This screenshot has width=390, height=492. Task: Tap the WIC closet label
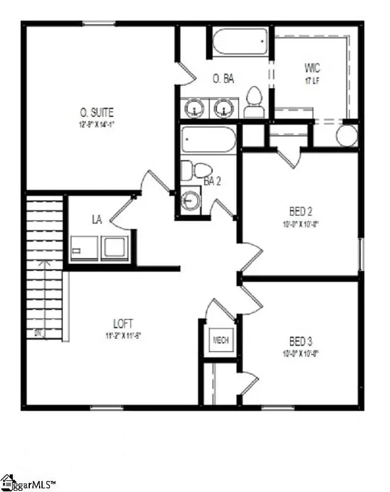click(x=313, y=68)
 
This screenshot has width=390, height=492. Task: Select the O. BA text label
click(x=224, y=79)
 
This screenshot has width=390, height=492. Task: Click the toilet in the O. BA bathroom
click(x=254, y=104)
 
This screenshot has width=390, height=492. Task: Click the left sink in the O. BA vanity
click(x=194, y=107)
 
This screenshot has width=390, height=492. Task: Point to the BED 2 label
click(x=302, y=211)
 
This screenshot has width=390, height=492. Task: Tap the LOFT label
click(x=123, y=323)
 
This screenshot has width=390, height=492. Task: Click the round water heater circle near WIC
click(x=347, y=136)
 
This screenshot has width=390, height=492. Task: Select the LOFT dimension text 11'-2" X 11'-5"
click(x=123, y=336)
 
